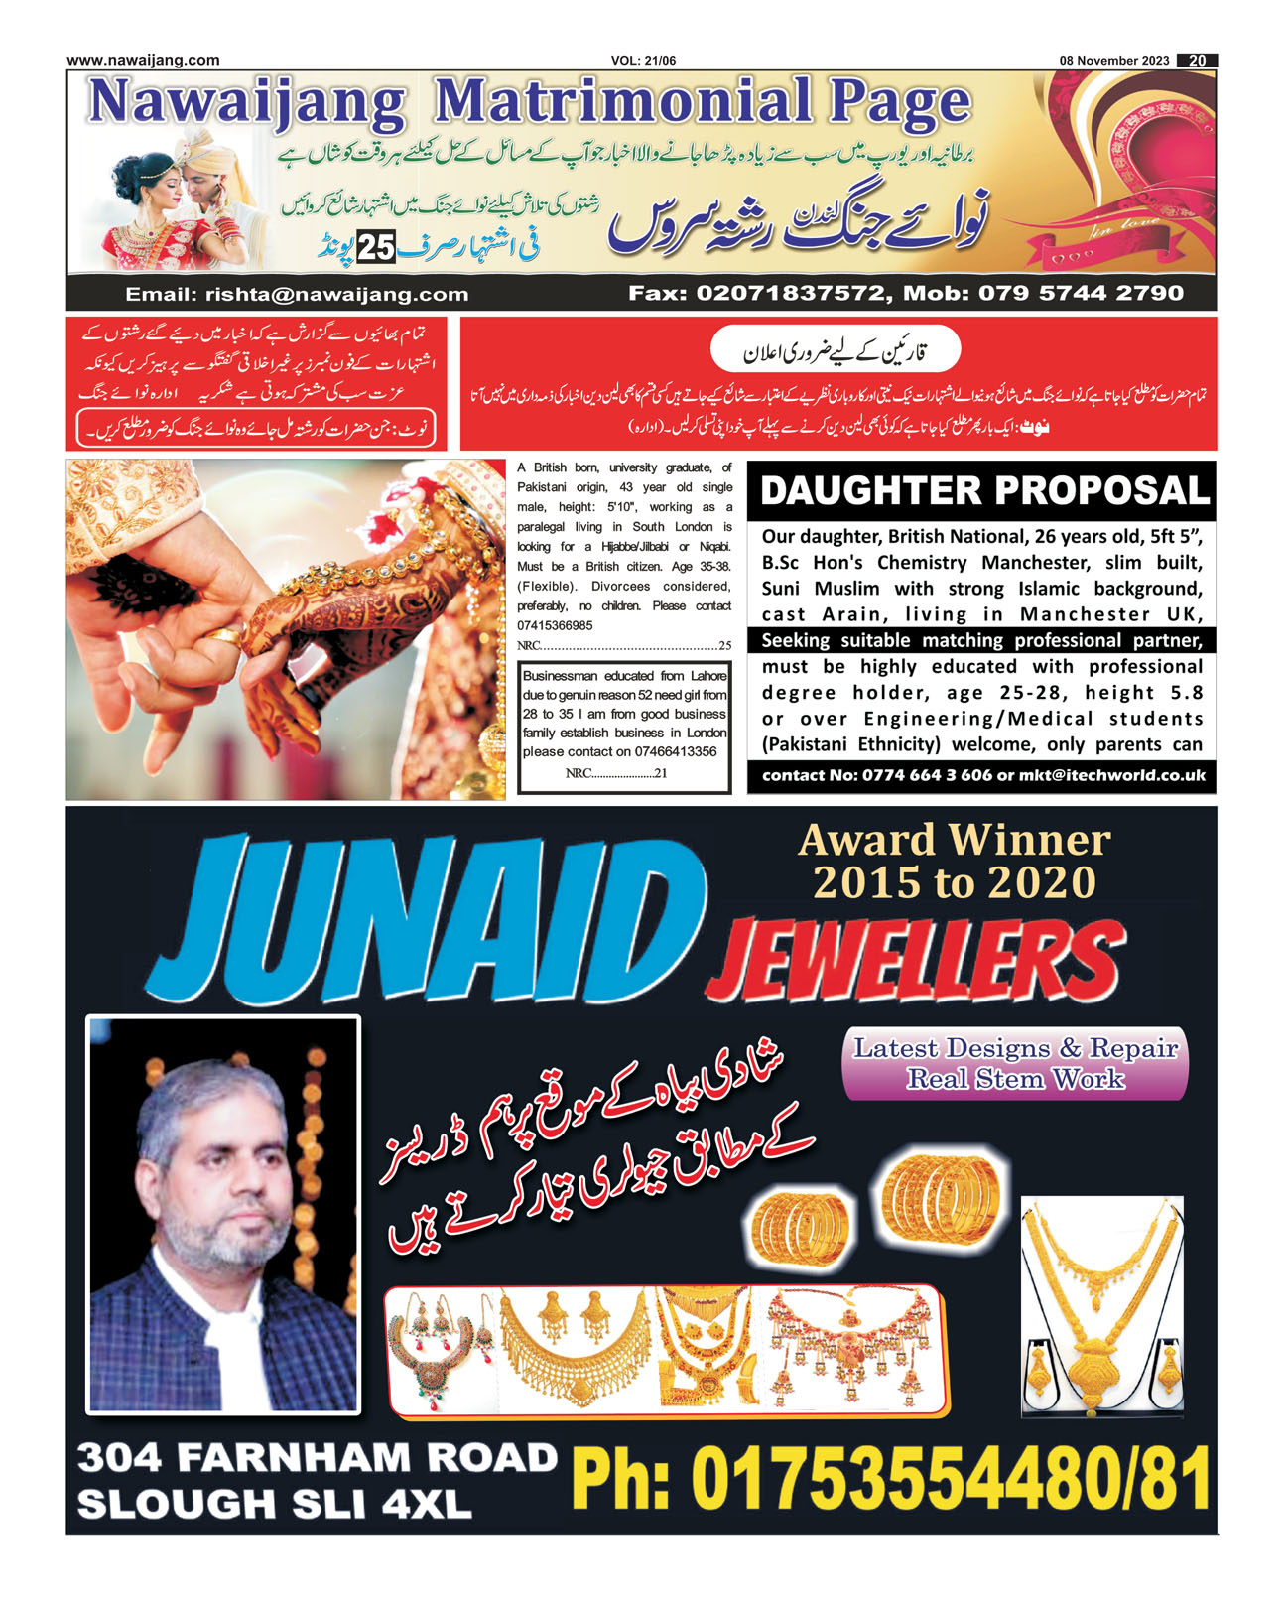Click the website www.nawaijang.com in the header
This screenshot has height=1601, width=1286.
pyautogui.click(x=143, y=60)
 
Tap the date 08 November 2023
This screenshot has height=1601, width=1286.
pyautogui.click(x=1113, y=61)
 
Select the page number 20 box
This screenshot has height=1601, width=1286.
pyautogui.click(x=1197, y=61)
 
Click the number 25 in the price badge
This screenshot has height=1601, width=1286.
pyautogui.click(x=376, y=247)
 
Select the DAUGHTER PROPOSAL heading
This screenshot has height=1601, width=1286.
pyautogui.click(x=982, y=491)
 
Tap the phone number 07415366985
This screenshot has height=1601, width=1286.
pyautogui.click(x=555, y=626)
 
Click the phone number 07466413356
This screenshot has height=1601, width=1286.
pyautogui.click(x=675, y=752)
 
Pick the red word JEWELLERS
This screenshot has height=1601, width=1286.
pyautogui.click(x=915, y=960)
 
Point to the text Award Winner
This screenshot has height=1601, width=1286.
pyautogui.click(x=954, y=841)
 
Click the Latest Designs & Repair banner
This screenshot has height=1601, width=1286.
pyautogui.click(x=1014, y=1063)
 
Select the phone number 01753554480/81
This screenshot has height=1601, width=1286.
pyautogui.click(x=891, y=1479)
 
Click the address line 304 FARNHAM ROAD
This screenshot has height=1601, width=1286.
pyautogui.click(x=318, y=1458)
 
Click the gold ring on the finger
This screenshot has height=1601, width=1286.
pyautogui.click(x=226, y=636)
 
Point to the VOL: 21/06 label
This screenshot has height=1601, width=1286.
pyautogui.click(x=643, y=61)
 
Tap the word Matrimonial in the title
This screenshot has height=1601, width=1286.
pyautogui.click(x=621, y=103)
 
